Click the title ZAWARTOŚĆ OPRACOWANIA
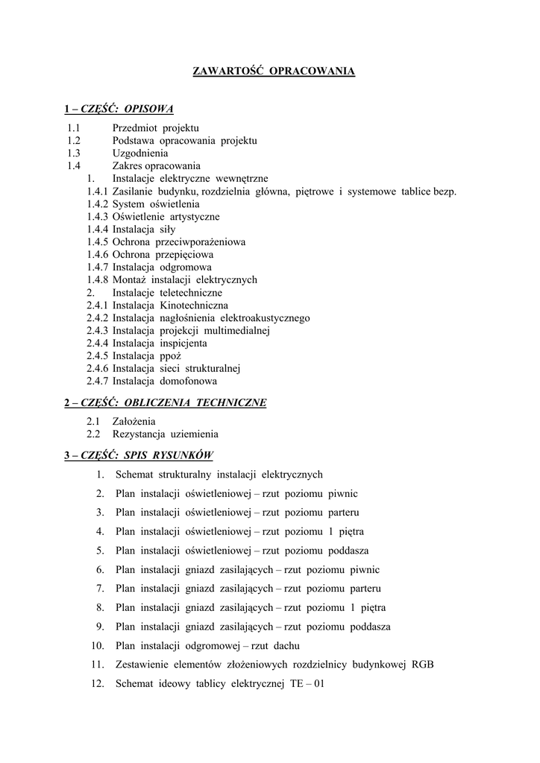point(274,72)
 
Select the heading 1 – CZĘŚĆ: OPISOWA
point(119,109)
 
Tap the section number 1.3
point(73,153)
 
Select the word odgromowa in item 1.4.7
point(186,267)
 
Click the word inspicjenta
point(182,343)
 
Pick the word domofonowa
point(189,381)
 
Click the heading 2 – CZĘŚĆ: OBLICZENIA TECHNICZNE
point(165,402)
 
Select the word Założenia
point(134,421)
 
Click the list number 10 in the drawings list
point(97,645)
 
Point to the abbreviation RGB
point(422,664)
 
